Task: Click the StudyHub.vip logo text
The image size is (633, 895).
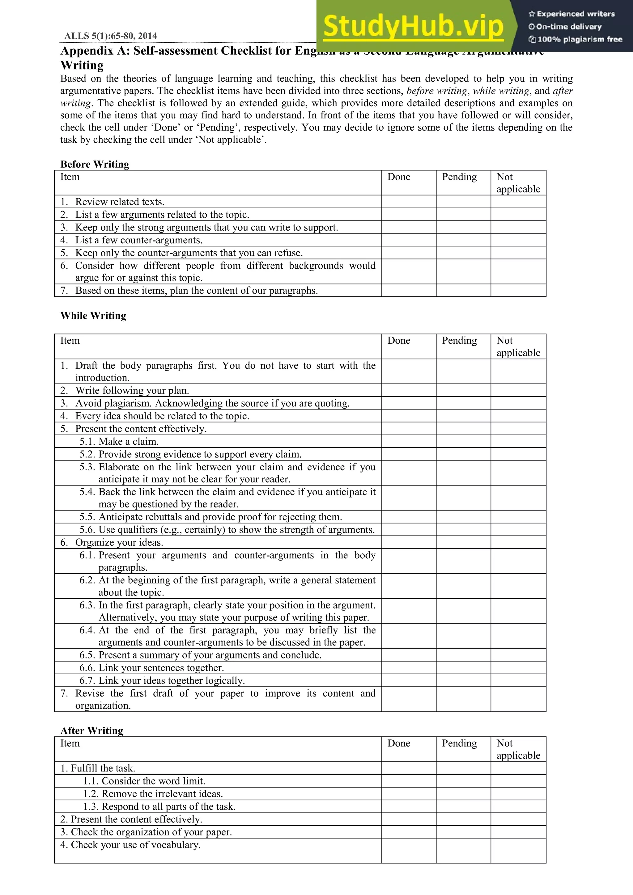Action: click(414, 26)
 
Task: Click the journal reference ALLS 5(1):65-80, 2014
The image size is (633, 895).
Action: click(110, 36)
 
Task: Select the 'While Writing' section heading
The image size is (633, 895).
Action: click(93, 315)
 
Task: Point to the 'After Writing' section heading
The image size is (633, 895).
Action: click(92, 730)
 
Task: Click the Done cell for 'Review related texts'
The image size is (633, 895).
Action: click(408, 202)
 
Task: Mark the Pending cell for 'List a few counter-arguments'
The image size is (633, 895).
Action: click(463, 240)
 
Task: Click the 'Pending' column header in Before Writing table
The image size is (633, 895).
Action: click(459, 177)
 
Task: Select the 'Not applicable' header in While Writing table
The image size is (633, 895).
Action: click(518, 346)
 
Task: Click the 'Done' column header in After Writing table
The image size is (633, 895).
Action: click(399, 743)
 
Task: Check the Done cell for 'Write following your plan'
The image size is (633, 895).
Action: click(408, 390)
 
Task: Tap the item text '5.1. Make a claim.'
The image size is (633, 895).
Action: click(119, 441)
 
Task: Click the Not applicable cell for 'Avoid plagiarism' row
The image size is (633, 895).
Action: click(518, 403)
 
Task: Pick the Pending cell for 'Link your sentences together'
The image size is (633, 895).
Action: click(463, 668)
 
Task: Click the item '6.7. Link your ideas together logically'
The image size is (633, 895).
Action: click(162, 681)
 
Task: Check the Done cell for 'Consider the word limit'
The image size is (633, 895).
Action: click(408, 781)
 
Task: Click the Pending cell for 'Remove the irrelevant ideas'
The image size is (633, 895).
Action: click(463, 794)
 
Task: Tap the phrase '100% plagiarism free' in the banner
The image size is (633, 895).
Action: click(579, 39)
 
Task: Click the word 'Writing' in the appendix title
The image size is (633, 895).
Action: click(82, 65)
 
